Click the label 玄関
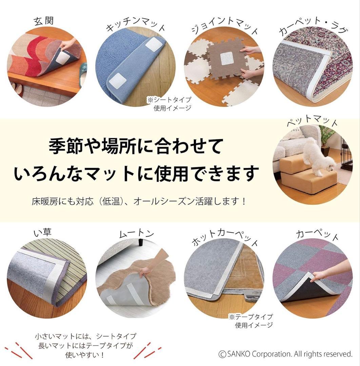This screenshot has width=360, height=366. click(44, 21)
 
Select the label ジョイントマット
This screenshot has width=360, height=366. click(225, 26)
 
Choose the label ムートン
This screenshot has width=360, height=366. click(137, 233)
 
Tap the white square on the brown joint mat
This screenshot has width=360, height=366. click(227, 59)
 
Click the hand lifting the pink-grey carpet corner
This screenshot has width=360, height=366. click(332, 270)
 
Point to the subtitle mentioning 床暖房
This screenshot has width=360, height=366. click(139, 201)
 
